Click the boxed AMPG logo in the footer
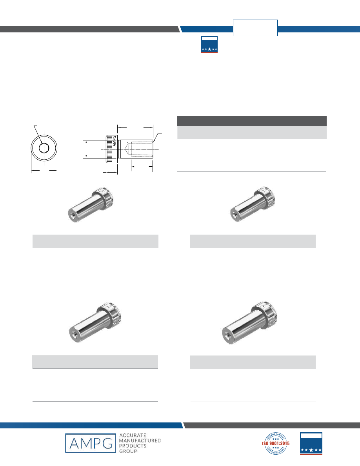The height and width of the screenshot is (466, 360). point(90,443)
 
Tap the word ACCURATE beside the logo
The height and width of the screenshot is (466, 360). point(133,435)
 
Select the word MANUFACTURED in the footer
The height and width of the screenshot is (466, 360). point(140,441)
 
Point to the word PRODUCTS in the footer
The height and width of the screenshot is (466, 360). point(133,446)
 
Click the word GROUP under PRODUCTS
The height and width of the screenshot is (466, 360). point(128,451)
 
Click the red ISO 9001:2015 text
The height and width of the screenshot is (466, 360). point(276,443)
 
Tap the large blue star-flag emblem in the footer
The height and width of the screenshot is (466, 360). point(311,443)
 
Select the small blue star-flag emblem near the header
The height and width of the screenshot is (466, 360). point(209,45)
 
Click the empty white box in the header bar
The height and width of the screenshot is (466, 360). point(255,28)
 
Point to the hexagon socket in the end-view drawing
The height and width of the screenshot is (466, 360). point(44,148)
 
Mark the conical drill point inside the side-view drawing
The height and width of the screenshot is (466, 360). point(128,149)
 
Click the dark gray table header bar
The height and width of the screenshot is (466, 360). point(252,121)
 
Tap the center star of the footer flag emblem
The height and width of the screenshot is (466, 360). point(311,450)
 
